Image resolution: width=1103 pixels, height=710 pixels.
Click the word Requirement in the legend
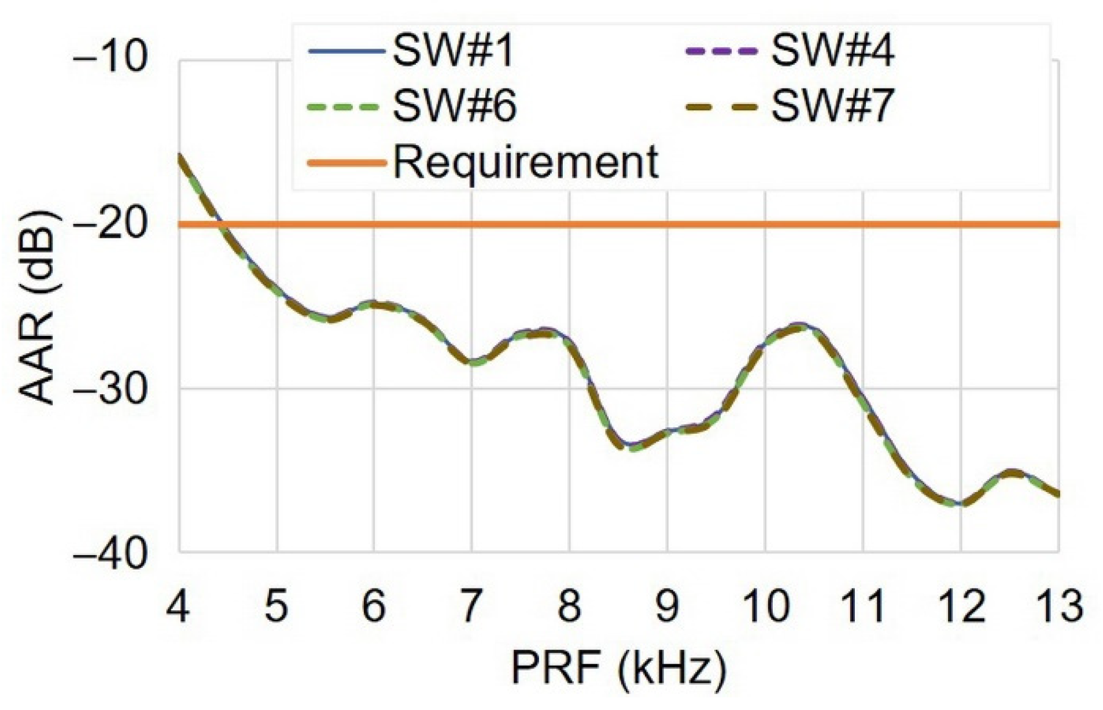[526, 162]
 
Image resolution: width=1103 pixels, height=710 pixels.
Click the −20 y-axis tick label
[109, 224]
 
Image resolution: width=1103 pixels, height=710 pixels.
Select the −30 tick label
[109, 388]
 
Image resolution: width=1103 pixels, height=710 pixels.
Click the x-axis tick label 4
[178, 606]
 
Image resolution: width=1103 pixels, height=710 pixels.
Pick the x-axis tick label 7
[471, 606]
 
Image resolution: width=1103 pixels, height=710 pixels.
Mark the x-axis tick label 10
[765, 606]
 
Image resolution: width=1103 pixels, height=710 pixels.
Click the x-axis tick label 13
[1058, 606]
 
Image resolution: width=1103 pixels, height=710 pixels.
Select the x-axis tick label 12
[961, 606]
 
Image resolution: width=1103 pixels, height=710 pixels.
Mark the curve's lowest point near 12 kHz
[959, 504]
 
